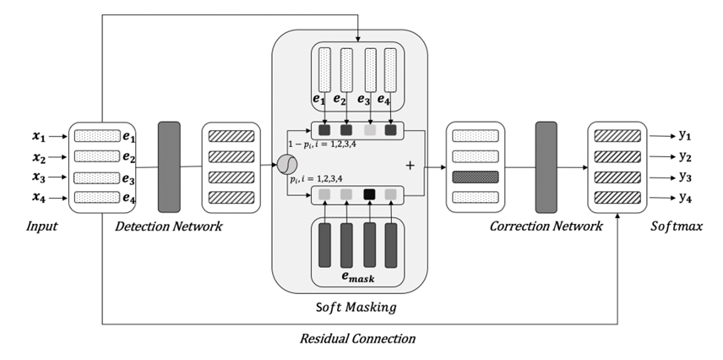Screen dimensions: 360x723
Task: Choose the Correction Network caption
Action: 546,226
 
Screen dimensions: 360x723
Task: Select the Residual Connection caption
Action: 357,340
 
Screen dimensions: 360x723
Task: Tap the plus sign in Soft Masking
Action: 411,166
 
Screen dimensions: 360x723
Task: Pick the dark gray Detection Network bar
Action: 169,166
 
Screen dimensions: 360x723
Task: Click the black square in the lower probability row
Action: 369,195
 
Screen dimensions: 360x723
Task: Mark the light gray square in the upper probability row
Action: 369,131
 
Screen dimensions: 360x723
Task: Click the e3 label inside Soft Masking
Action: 364,100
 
